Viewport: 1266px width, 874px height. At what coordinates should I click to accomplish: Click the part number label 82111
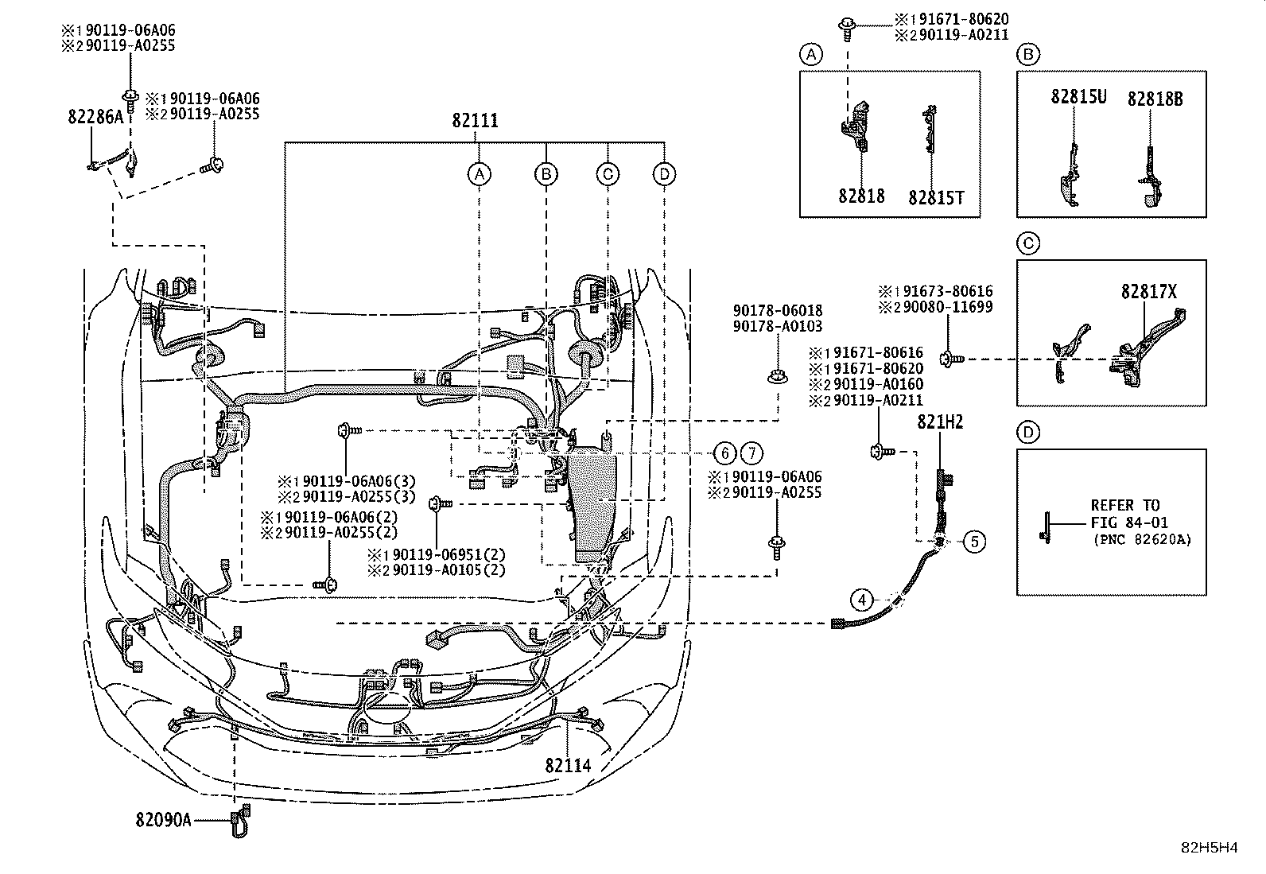[x=475, y=120]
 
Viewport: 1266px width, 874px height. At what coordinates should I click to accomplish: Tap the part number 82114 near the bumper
[x=568, y=766]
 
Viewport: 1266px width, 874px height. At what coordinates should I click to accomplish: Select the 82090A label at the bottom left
[x=163, y=820]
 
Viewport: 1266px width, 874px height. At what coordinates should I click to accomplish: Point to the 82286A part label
[x=95, y=116]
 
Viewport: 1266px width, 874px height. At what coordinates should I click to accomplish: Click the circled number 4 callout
[x=861, y=600]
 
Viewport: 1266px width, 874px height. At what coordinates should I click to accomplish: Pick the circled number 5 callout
[x=974, y=542]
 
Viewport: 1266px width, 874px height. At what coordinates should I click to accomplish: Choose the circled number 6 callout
[x=725, y=453]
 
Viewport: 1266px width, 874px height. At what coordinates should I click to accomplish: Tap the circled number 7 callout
[x=751, y=453]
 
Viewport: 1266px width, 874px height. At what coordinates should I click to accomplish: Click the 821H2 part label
[x=940, y=422]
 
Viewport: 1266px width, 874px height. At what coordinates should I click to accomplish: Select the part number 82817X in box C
[x=1149, y=292]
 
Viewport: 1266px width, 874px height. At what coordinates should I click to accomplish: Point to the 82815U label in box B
[x=1078, y=97]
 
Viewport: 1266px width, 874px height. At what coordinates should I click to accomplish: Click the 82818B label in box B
[x=1155, y=99]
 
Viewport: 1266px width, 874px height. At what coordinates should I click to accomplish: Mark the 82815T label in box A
[x=936, y=198]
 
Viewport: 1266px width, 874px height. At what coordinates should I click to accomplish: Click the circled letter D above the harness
[x=664, y=174]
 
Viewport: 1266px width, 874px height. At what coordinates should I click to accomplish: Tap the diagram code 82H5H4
[x=1209, y=848]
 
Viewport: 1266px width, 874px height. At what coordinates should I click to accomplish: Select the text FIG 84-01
[x=1129, y=522]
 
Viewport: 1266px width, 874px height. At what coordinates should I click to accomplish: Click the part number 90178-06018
[x=778, y=310]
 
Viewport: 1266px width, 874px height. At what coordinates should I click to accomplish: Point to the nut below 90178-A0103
[x=778, y=376]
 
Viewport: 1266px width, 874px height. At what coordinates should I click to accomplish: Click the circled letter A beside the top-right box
[x=811, y=55]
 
